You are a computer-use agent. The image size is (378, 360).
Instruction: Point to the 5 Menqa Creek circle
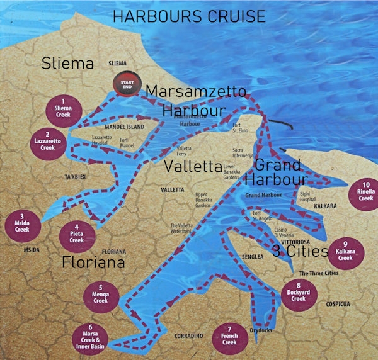(100, 296)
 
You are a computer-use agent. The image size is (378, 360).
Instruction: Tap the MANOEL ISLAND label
(124, 127)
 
